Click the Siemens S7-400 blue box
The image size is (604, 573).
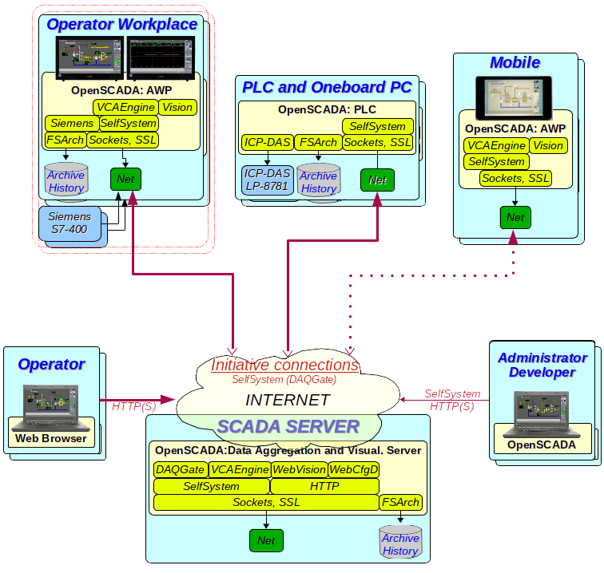pos(70,223)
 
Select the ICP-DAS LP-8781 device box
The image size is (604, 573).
pos(268,180)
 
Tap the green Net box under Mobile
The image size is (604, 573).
pos(515,217)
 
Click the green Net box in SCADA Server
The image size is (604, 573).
pos(266,540)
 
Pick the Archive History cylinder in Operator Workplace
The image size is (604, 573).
pos(66,181)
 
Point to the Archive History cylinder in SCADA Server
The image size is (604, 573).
pos(399,543)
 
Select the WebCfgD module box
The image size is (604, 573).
pos(354,470)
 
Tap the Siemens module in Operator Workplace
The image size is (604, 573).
pos(71,124)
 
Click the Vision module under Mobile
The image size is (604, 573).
pos(548,145)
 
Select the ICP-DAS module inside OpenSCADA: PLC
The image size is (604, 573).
pos(267,143)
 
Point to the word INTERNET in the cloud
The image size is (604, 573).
pos(288,401)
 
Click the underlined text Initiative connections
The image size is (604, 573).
pos(284,366)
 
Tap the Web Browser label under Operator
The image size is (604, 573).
pos(53,438)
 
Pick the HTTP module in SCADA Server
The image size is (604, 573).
pos(324,486)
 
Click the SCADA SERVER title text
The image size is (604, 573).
pos(289,427)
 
